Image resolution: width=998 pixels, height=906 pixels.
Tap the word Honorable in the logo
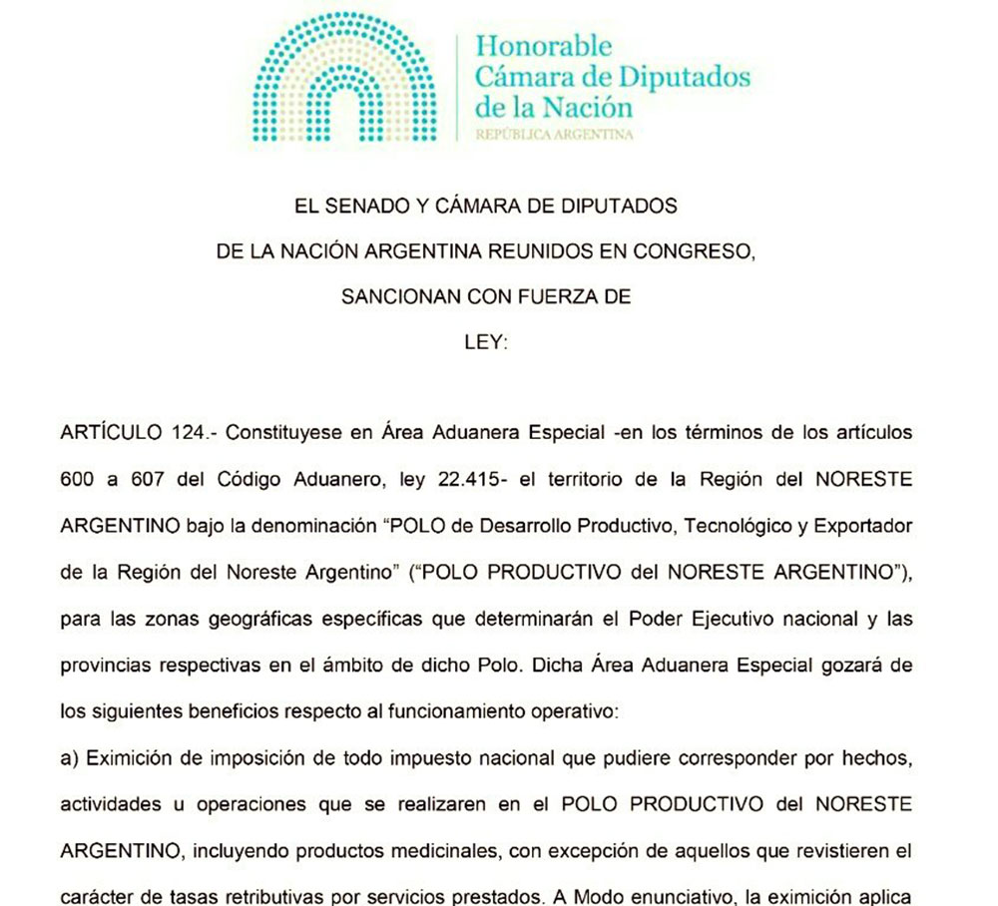[543, 45]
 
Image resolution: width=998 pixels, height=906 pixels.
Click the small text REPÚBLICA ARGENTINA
[555, 134]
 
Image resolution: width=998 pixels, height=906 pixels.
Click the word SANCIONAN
[392, 296]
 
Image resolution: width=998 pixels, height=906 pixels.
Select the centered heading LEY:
[486, 341]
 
